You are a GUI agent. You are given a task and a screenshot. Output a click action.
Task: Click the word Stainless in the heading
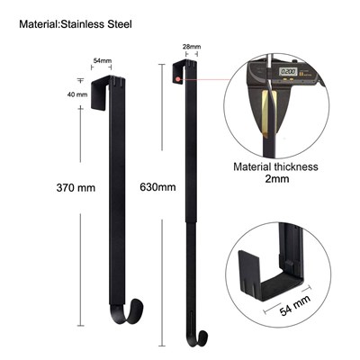[x=82, y=24]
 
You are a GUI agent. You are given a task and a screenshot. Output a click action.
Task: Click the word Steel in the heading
[x=120, y=24]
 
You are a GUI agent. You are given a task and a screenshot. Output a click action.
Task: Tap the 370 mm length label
[x=76, y=188]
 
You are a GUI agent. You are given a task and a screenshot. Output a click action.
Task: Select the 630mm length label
[x=157, y=187]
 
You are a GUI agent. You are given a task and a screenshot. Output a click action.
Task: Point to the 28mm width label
[x=192, y=47]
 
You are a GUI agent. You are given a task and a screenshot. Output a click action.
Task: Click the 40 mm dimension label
[x=77, y=94]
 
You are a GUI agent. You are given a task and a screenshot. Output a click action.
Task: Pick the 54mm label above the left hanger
[x=103, y=60]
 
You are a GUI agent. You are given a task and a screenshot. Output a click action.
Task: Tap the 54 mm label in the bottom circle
[x=295, y=305]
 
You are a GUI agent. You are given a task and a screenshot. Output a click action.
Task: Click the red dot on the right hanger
[x=178, y=79]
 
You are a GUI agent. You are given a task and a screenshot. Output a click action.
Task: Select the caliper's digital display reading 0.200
[x=288, y=72]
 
